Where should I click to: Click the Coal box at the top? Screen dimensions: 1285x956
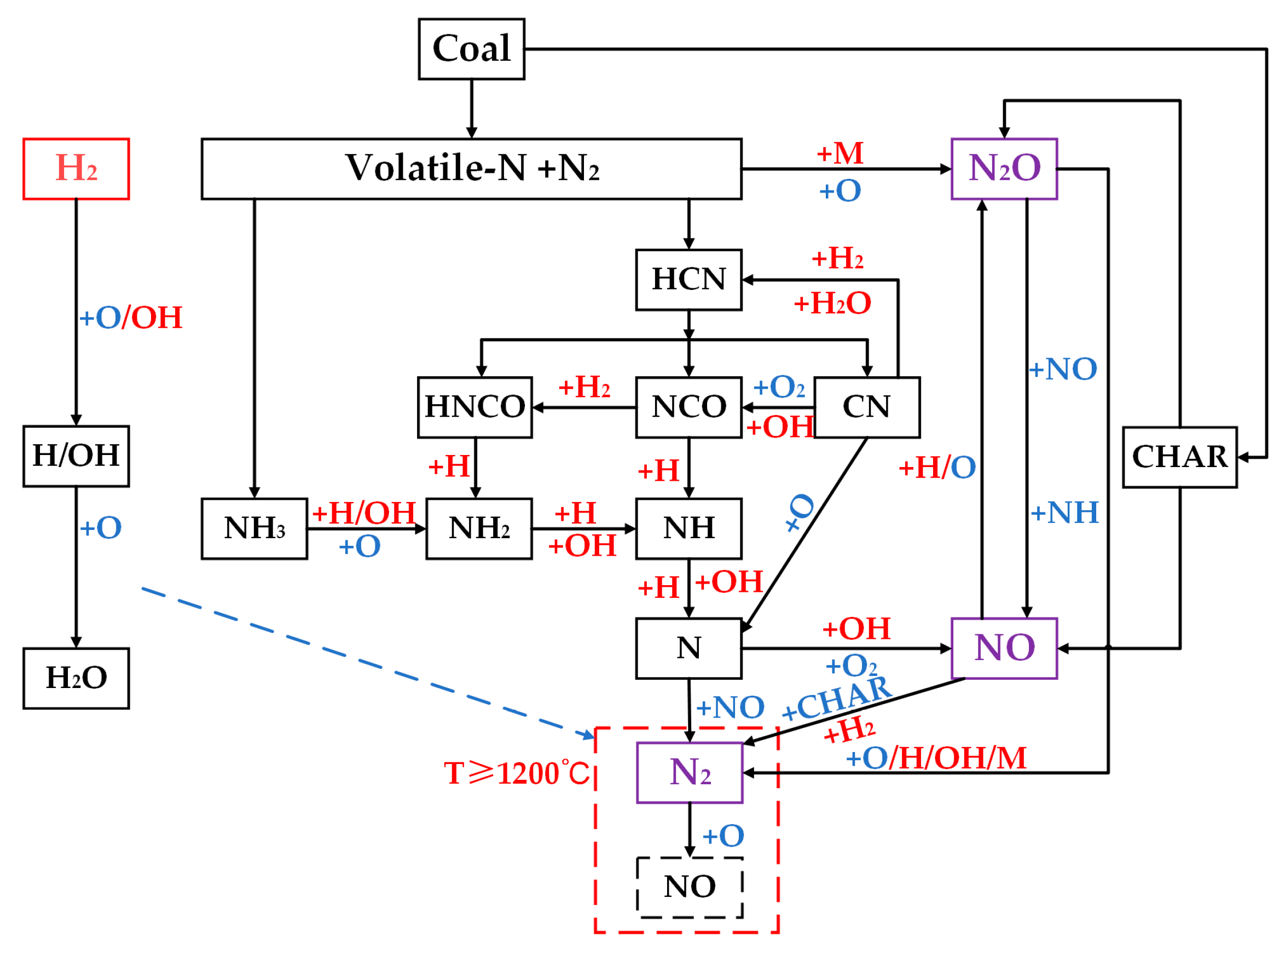471,49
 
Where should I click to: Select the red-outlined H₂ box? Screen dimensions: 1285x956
76,169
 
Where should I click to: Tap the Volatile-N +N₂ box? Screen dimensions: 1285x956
471,169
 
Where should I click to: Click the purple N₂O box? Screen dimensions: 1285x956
1004,169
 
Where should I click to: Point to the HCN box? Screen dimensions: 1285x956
688,280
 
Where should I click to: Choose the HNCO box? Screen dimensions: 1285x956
475,407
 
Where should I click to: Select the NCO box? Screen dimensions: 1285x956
688,407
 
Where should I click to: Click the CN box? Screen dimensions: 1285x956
867,407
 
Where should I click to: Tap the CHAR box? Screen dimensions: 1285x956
1179,458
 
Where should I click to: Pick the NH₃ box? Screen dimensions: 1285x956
254,528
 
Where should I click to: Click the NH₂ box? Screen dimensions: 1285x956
479,528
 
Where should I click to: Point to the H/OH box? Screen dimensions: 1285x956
76,457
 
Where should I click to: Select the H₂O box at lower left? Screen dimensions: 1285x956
76,678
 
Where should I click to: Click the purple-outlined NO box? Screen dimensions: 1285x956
1004,648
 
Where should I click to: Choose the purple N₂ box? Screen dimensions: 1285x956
689,773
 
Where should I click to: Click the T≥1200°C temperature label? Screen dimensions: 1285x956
517,773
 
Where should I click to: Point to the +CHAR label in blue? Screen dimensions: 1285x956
837,698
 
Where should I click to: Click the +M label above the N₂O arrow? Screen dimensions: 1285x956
840,153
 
